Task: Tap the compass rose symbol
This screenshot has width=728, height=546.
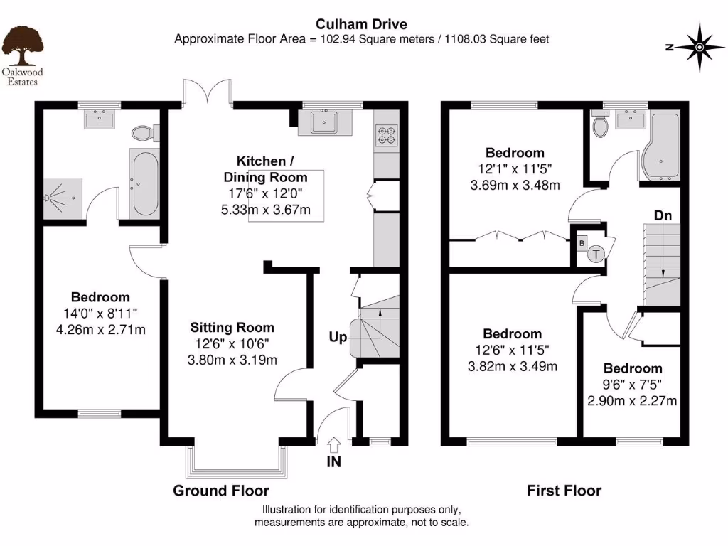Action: click(699, 48)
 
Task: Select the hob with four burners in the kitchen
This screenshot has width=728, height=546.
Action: click(386, 135)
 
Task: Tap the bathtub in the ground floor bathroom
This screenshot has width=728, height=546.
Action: click(143, 183)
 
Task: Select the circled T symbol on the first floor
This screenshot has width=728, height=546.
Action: click(596, 252)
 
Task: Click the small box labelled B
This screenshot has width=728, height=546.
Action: click(582, 243)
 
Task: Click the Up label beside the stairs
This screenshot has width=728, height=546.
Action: click(338, 337)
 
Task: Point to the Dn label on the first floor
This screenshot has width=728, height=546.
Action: click(663, 214)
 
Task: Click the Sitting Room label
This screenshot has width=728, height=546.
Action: click(232, 328)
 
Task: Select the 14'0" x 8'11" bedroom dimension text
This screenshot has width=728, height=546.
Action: click(100, 314)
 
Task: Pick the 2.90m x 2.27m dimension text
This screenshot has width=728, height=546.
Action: click(632, 400)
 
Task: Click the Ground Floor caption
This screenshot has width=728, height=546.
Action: click(221, 491)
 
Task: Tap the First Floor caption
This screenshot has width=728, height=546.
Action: click(564, 491)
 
